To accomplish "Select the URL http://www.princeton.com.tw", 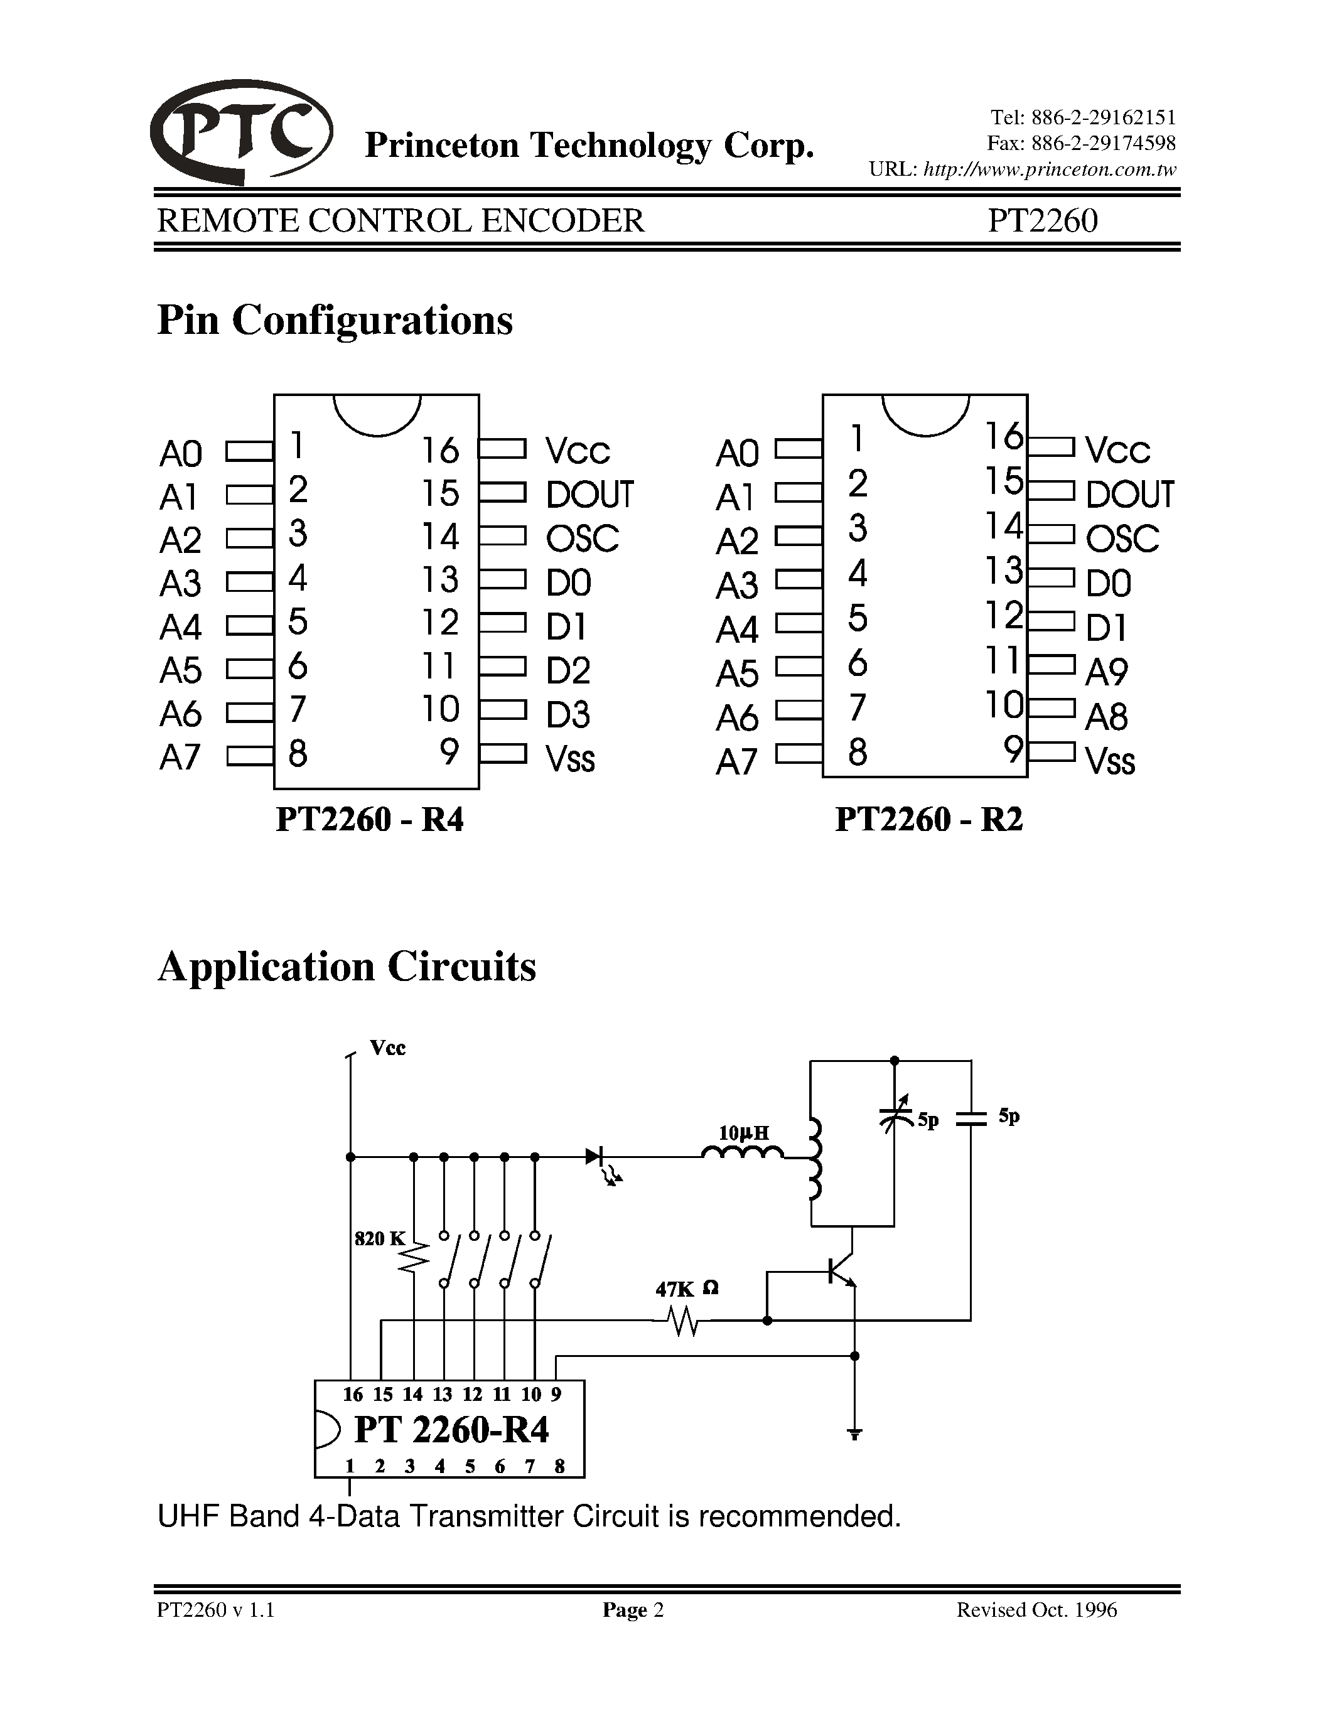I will click(1050, 169).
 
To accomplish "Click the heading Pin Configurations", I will click(335, 320).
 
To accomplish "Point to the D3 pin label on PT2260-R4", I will click(567, 714).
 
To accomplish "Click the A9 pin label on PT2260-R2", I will click(1106, 672).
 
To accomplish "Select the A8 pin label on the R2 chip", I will click(1106, 717).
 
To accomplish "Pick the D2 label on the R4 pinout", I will click(567, 670).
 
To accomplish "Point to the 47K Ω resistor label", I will click(686, 1289).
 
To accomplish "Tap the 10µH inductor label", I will click(743, 1134).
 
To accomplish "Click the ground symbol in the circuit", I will click(854, 1433).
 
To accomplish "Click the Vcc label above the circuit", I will click(387, 1048).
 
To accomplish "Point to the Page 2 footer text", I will click(633, 1610).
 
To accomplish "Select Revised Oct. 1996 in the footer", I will click(1037, 1610).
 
